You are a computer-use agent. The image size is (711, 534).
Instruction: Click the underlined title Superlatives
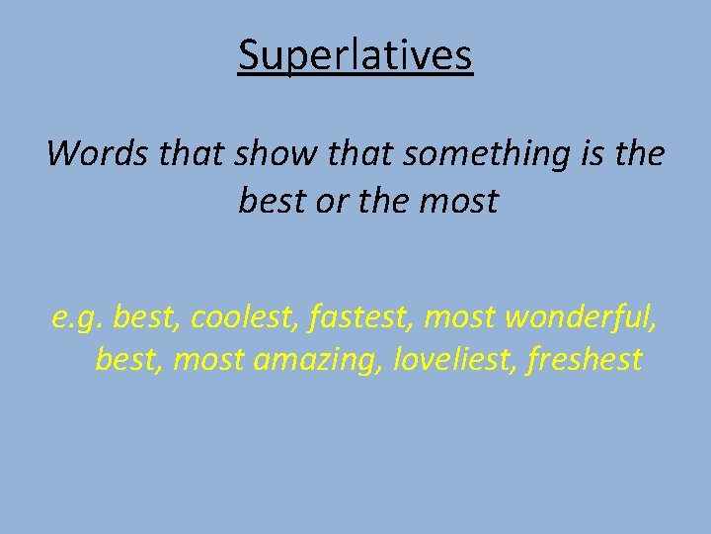tap(355, 56)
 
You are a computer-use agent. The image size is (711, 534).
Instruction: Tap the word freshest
tap(586, 359)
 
